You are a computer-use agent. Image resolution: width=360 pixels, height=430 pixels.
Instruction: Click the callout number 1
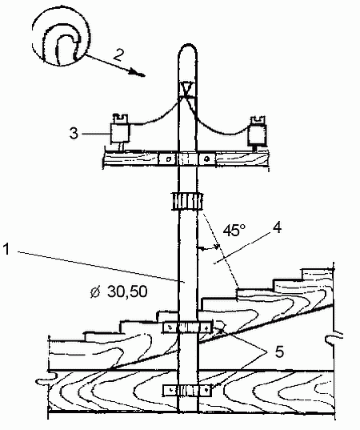click(6, 249)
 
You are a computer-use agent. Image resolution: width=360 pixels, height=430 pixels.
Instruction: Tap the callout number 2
click(118, 54)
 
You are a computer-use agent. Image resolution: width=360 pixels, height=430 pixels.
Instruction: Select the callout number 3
click(74, 134)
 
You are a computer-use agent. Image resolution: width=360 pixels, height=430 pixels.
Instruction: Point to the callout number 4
click(278, 227)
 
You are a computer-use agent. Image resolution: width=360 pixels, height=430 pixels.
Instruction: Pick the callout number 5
click(279, 352)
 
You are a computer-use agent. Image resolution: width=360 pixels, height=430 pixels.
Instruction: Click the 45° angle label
click(234, 230)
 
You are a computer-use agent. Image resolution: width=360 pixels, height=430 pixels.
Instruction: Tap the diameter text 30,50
click(127, 291)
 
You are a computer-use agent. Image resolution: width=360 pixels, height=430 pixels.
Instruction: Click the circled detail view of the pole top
click(61, 37)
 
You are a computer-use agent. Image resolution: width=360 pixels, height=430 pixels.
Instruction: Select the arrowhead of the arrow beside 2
click(137, 73)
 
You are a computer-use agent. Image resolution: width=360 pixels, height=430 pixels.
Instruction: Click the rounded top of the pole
click(188, 50)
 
